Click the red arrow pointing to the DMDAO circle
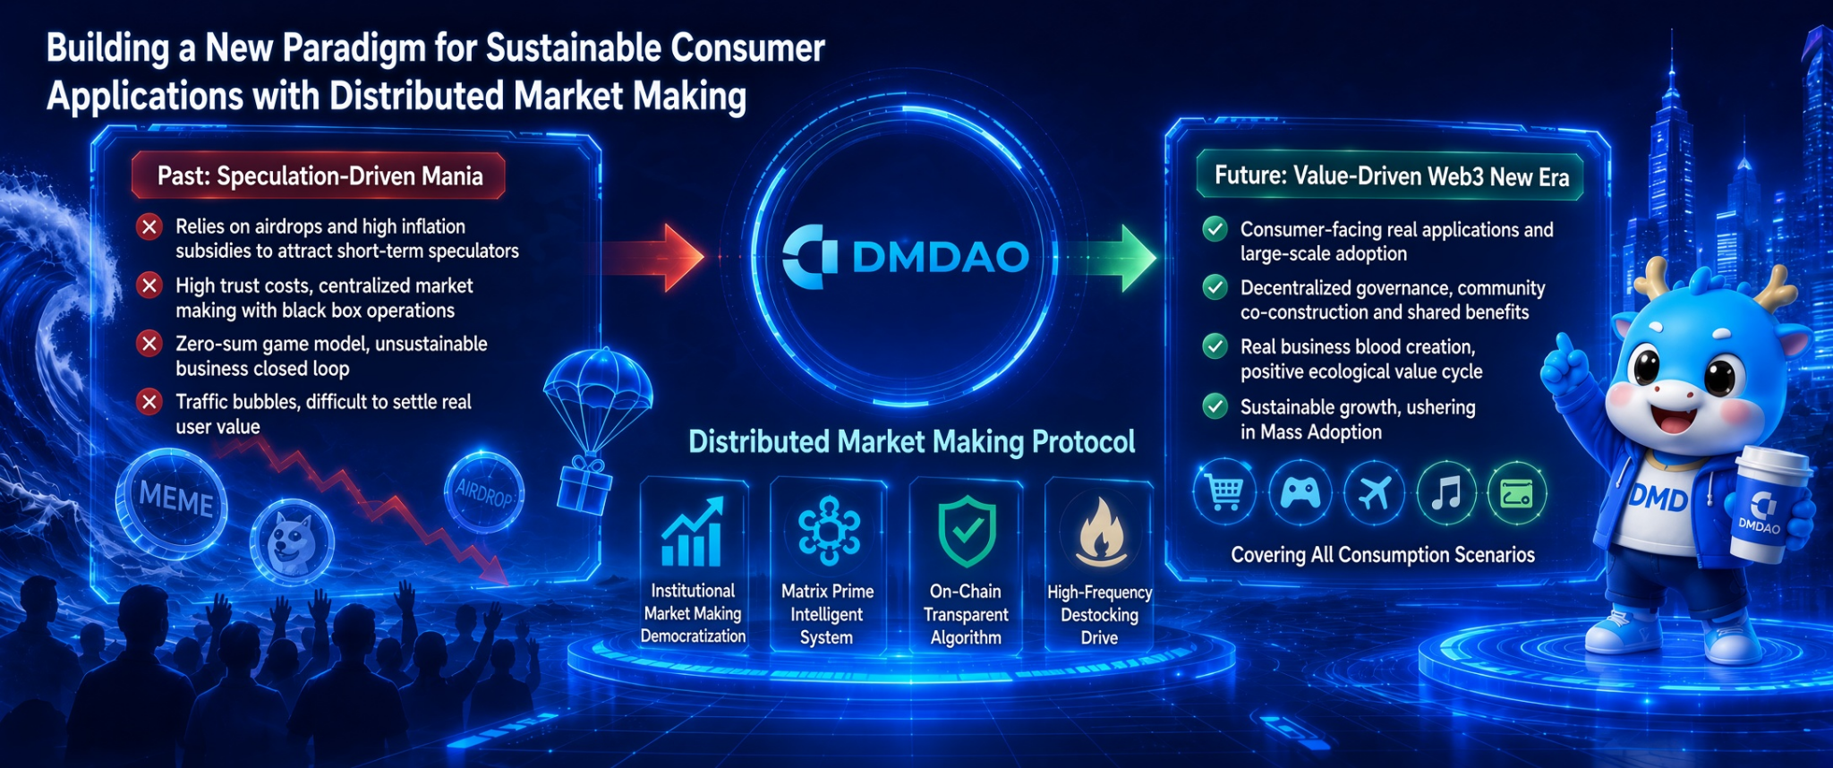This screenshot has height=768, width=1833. (653, 258)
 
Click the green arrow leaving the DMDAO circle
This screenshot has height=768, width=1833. (1110, 258)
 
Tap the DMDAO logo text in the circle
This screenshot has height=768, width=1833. (940, 258)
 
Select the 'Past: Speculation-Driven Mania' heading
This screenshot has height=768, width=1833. (320, 175)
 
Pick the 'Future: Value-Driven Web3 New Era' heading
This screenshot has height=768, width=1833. (1391, 175)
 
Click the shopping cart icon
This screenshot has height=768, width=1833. (1224, 491)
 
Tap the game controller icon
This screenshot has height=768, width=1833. (1300, 492)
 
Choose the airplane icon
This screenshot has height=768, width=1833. (1374, 492)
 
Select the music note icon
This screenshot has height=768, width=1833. (1446, 492)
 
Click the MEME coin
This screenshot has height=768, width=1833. (172, 503)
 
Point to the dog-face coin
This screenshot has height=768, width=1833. (292, 542)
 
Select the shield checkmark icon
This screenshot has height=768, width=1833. (967, 532)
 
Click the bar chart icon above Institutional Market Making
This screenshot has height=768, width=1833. (692, 532)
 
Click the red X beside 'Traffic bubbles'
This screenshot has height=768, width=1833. (149, 402)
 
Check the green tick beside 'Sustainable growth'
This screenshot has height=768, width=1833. (1215, 406)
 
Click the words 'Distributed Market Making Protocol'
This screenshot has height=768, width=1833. (911, 442)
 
